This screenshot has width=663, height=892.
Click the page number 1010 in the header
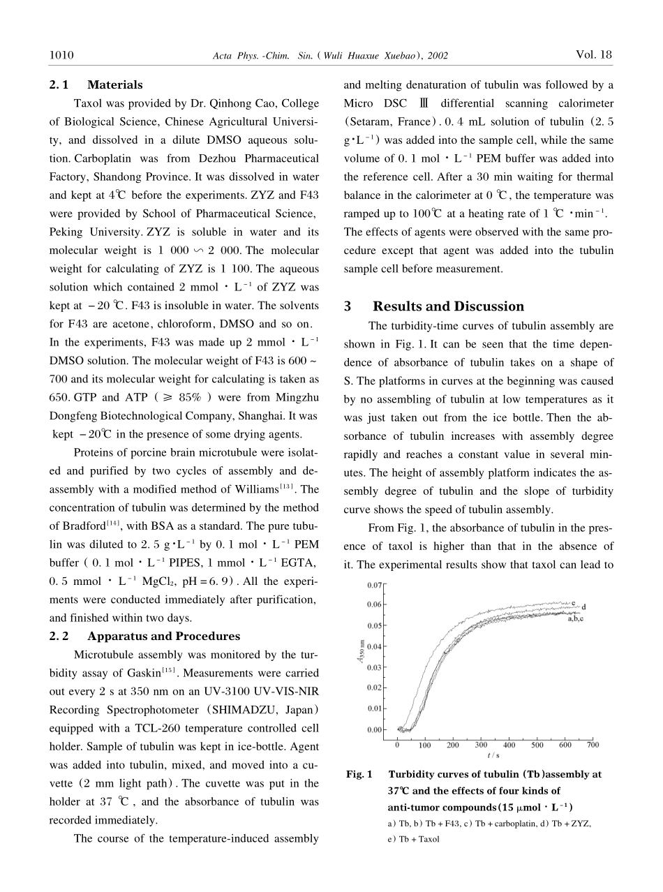62,54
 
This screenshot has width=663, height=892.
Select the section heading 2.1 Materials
96,85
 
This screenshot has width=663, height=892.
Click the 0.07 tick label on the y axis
375,585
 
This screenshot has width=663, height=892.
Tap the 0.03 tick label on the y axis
375,667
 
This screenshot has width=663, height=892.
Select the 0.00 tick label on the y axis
375,730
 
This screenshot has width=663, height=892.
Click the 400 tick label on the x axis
509,744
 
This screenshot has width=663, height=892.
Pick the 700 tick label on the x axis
593,744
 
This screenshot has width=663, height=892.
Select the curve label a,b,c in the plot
576,618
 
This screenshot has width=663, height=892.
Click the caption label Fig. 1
359,774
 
